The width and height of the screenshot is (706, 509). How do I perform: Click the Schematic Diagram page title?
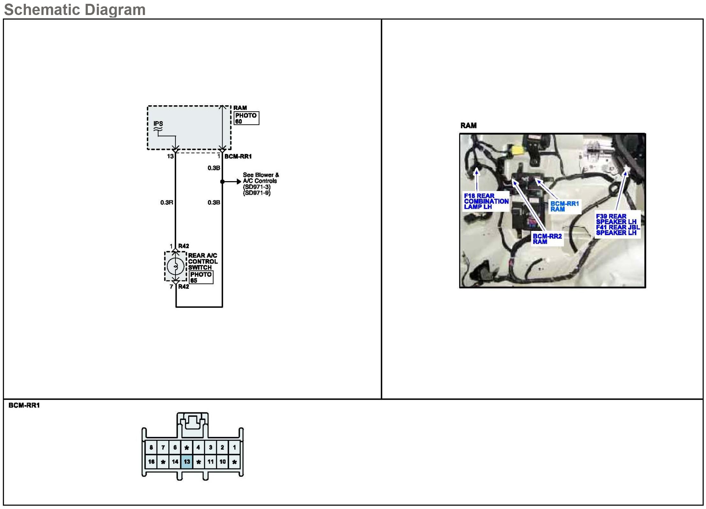click(x=75, y=10)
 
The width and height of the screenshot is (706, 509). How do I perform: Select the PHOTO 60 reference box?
click(x=246, y=118)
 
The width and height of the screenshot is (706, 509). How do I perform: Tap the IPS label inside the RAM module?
click(x=158, y=123)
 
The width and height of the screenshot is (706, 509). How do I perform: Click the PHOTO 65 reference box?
click(x=201, y=277)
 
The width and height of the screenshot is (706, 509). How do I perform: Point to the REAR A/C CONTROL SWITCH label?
click(x=203, y=261)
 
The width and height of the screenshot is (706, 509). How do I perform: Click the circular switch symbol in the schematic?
click(x=175, y=266)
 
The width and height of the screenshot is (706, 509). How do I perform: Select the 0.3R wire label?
click(x=166, y=203)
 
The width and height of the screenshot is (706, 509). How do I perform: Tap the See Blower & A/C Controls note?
click(x=261, y=184)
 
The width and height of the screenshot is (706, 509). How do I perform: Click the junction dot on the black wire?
click(x=222, y=181)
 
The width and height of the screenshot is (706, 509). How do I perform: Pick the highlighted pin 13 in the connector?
click(x=187, y=461)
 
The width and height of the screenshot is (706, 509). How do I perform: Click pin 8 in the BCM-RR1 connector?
click(x=151, y=447)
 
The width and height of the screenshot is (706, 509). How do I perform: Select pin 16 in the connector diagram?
click(x=151, y=461)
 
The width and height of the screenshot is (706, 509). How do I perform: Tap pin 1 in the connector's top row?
click(x=234, y=447)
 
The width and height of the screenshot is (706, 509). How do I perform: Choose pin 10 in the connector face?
click(x=223, y=461)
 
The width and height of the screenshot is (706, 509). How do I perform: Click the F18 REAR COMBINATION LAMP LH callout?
click(x=486, y=201)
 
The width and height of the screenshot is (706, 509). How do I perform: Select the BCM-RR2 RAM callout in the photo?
click(x=547, y=239)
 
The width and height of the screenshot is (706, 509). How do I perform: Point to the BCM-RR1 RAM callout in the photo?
click(x=564, y=206)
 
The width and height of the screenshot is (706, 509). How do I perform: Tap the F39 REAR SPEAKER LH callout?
click(x=617, y=225)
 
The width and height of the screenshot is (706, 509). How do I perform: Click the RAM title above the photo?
click(x=468, y=125)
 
